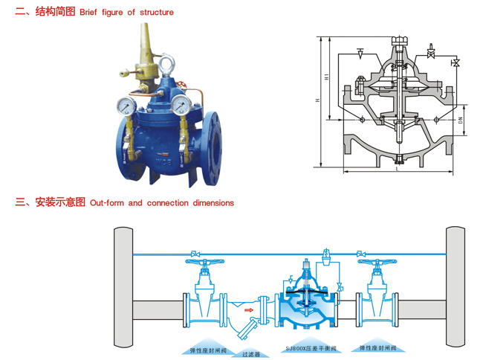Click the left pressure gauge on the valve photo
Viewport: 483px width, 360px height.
click(128, 106)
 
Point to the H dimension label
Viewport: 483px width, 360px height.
click(317, 101)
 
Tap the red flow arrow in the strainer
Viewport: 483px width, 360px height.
click(250, 310)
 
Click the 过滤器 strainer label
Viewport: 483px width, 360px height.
click(250, 354)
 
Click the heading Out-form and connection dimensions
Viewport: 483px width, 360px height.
click(161, 202)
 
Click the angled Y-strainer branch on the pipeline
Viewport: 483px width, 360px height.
click(253, 326)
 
